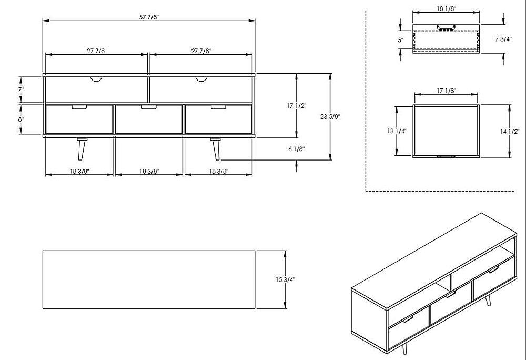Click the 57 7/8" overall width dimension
(x=149, y=17)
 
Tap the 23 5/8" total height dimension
(x=330, y=117)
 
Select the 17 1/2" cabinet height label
(x=297, y=106)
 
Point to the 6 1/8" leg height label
(x=297, y=148)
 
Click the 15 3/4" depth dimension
(x=286, y=279)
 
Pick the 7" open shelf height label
(x=21, y=90)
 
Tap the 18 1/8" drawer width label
(x=446, y=9)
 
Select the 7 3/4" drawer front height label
(x=503, y=39)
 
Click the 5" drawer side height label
(x=400, y=40)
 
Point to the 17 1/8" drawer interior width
(x=447, y=91)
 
